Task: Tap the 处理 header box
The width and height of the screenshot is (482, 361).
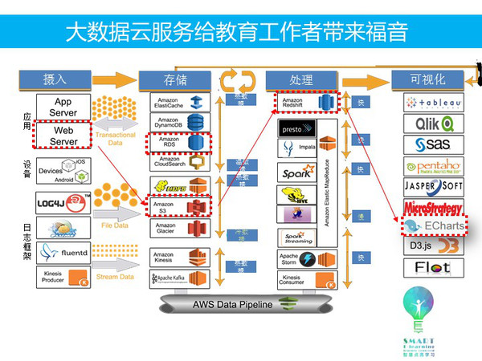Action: point(300,79)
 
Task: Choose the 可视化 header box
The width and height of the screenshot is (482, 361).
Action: point(427,79)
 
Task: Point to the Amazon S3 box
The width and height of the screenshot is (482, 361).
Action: point(179,207)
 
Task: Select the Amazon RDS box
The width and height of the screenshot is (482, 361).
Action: point(178,143)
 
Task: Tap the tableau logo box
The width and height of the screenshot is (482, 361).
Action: point(434,103)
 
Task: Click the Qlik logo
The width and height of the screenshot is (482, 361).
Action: point(434,124)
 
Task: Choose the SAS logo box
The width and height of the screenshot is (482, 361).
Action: point(434,144)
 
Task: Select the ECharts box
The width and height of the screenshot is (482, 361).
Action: point(434,227)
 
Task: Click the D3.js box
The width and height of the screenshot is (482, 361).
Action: point(434,246)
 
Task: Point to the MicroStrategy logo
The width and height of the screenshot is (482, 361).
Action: point(434,207)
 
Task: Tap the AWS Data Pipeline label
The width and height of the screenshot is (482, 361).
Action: point(232,305)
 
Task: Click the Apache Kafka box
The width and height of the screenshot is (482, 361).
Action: point(179,280)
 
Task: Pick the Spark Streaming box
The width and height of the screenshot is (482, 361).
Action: point(296,237)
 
